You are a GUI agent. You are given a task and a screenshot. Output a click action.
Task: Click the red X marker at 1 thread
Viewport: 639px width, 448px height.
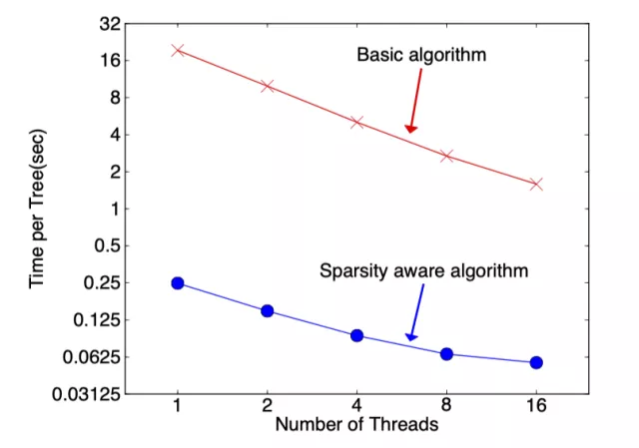point(178,50)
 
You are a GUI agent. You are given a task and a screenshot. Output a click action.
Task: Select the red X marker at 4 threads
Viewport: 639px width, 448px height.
point(356,122)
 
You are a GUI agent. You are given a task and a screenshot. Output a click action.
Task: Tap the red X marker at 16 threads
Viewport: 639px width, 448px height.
point(536,185)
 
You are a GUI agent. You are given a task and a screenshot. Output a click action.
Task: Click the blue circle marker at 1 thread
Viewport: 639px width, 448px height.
point(178,283)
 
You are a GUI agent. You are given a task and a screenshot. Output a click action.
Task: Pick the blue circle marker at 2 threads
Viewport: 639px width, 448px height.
point(267,311)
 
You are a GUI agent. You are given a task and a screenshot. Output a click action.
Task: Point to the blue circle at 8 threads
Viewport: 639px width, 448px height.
point(446,354)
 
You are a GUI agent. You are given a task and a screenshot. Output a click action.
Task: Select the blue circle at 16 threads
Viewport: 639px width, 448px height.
point(536,362)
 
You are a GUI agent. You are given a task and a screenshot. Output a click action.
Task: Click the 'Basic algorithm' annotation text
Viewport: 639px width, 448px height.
point(421,55)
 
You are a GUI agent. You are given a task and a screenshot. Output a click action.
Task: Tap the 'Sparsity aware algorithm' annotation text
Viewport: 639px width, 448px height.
point(423,269)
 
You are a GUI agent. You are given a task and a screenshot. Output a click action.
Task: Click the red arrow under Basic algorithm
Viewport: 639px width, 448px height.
point(412,105)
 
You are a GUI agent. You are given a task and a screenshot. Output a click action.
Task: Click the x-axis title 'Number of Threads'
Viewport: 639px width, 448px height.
point(356,425)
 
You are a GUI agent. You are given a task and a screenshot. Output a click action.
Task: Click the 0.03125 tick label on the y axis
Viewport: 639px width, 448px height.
point(89,394)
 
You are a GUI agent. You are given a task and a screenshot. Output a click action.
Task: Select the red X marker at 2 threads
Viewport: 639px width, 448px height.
point(267,87)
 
